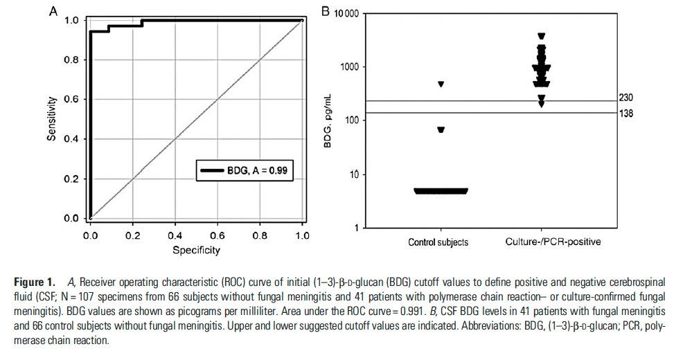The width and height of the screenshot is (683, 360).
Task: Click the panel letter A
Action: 53,11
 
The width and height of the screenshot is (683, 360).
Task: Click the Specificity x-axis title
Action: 197,249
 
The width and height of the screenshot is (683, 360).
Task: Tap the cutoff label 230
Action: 627,98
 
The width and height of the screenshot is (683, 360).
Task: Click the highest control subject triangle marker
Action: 441,84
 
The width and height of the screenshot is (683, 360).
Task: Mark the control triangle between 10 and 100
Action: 441,130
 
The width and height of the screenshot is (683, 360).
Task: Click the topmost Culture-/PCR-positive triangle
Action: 542,36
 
